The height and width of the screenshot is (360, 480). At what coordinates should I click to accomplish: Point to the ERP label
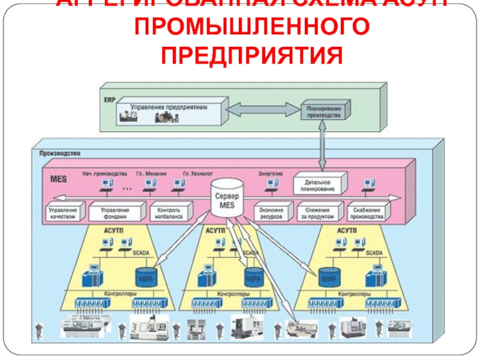(x=109, y=99)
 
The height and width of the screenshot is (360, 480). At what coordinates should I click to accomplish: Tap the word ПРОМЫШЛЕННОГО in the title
(x=253, y=28)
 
